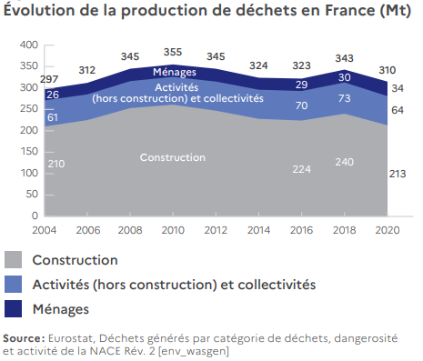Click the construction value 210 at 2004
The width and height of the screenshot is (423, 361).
pyautogui.click(x=56, y=163)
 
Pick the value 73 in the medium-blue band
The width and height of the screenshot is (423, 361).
pyautogui.click(x=344, y=98)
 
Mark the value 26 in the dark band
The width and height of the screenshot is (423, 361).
pyautogui.click(x=53, y=95)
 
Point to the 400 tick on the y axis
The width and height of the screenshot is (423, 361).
pyautogui.click(x=28, y=45)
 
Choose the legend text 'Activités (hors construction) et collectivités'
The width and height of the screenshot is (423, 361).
pyautogui.click(x=174, y=285)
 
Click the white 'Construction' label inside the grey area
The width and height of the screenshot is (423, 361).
pyautogui.click(x=173, y=157)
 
